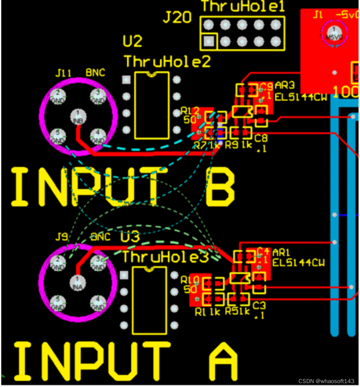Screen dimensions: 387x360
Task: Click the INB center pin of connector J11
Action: tap(77, 115)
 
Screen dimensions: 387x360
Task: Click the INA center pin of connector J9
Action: tap(77, 282)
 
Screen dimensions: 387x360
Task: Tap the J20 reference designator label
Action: tap(177, 18)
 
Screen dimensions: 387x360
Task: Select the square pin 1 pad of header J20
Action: tap(209, 41)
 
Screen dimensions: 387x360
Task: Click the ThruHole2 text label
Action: tap(167, 62)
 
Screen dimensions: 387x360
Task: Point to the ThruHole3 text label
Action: tap(165, 257)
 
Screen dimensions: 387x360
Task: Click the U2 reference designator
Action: tap(132, 42)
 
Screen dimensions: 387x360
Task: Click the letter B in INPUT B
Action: tap(220, 187)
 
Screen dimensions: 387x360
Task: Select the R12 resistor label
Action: tap(190, 111)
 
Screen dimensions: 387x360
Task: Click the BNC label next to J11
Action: tap(96, 73)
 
